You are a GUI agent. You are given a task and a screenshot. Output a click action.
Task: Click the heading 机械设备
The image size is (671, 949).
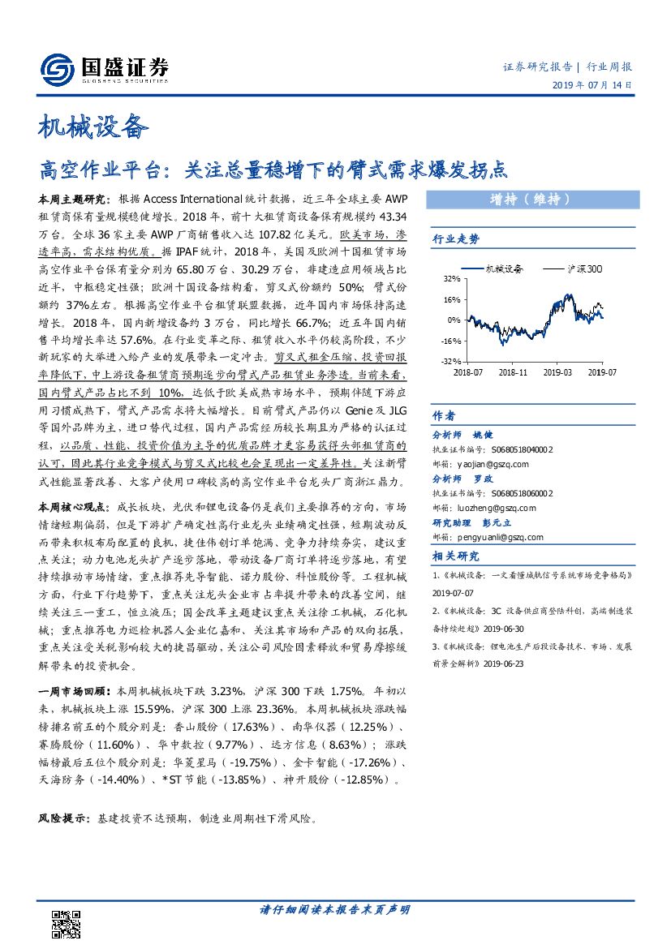pos(93,127)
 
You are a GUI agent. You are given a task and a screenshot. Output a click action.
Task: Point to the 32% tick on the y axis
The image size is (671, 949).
pos(450,278)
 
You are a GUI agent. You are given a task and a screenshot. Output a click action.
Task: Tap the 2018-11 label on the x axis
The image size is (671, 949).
pos(513,371)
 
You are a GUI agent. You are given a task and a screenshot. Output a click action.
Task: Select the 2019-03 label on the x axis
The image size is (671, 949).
pos(557,371)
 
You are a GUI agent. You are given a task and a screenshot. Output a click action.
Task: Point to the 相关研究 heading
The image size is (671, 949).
pos(456,556)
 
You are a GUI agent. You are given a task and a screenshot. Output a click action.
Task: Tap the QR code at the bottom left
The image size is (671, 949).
pos(66,921)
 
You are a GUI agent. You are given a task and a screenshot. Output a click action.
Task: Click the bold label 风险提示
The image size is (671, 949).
pos(63,819)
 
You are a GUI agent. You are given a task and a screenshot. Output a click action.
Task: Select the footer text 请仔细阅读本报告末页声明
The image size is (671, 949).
pos(335,909)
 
